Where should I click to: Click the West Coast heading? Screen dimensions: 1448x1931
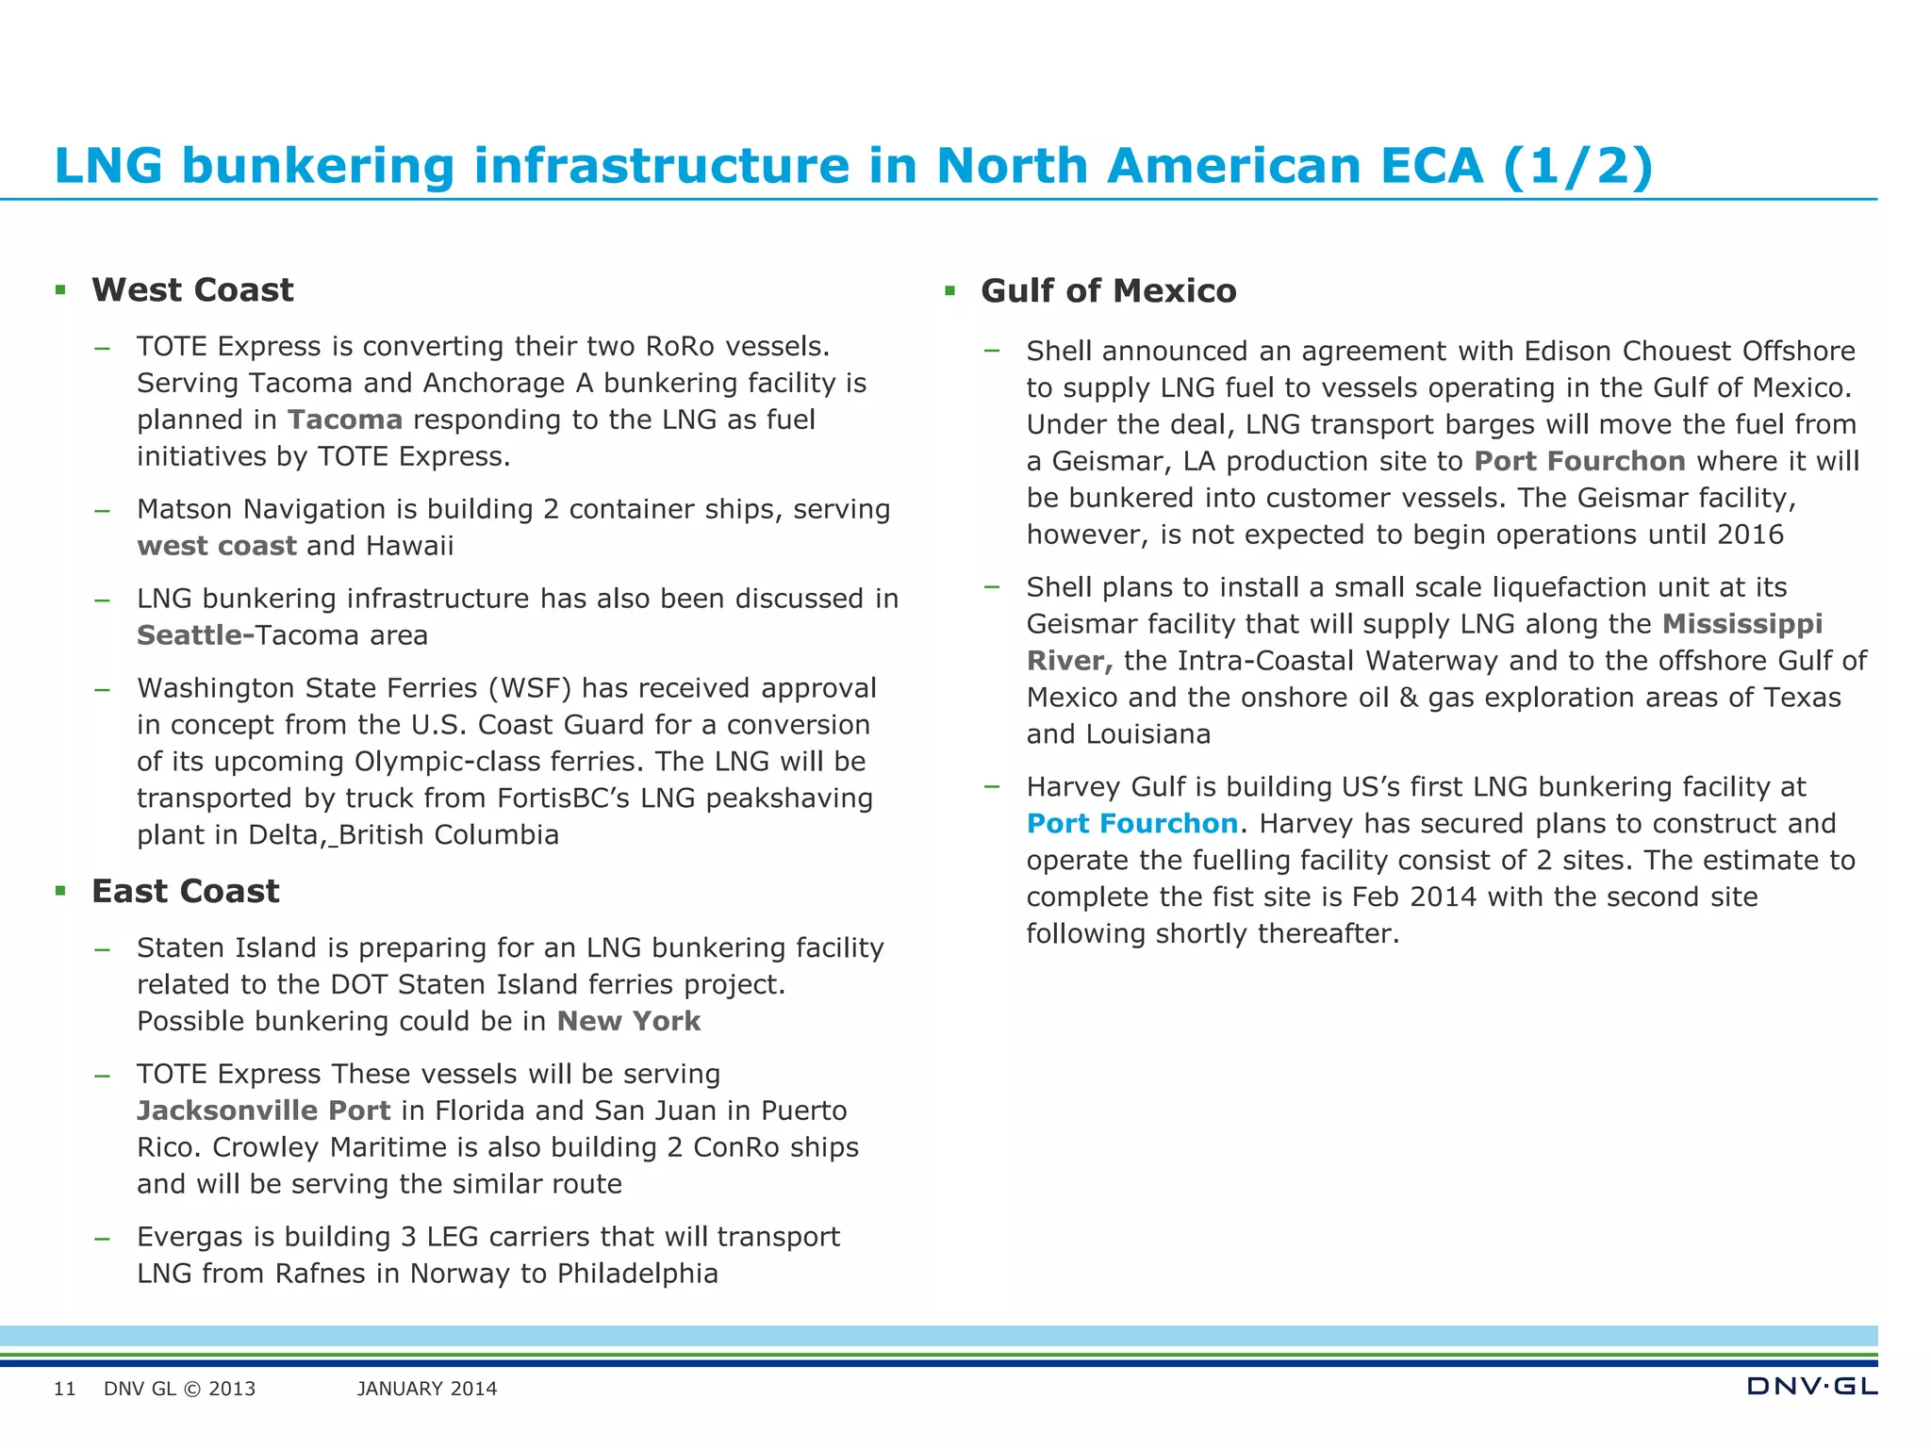click(192, 290)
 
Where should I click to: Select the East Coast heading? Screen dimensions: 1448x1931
click(185, 892)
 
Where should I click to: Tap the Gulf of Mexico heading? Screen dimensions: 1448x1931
click(1108, 291)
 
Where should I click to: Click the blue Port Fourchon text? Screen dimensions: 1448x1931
click(1131, 824)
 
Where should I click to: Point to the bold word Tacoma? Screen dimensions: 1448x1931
click(345, 420)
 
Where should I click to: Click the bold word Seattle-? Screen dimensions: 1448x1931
click(195, 636)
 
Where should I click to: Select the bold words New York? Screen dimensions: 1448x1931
click(629, 1022)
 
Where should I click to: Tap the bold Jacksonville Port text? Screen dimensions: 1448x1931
click(263, 1111)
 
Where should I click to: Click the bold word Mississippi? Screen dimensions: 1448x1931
click(1741, 625)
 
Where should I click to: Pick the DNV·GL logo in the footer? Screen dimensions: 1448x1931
click(1811, 1387)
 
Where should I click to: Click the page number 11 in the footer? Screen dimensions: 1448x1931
click(64, 1390)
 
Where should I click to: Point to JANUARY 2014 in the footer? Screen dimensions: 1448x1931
click(427, 1390)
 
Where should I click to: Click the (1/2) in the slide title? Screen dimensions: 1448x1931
click(1577, 167)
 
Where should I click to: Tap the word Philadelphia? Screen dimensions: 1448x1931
click(637, 1275)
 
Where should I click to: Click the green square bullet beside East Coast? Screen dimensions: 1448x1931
click(60, 891)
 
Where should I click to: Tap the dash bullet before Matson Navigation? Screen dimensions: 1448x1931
click(102, 511)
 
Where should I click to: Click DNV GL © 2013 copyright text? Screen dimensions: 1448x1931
click(179, 1390)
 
